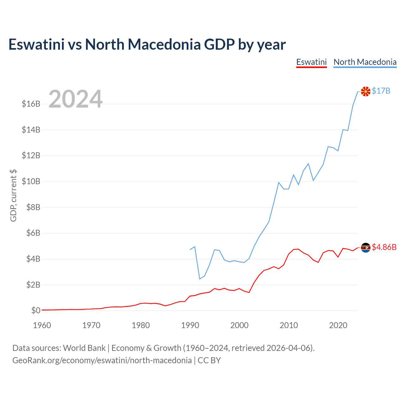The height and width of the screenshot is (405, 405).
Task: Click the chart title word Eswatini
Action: point(36,44)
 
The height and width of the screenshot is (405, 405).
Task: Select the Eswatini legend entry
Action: point(311,62)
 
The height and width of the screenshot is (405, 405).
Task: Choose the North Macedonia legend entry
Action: point(365,62)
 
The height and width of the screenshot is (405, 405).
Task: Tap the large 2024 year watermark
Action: point(75,99)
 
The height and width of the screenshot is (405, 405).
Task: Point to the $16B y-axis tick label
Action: point(31,104)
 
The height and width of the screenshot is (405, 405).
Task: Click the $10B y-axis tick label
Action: point(31,181)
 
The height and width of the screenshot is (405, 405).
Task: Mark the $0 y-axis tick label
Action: point(36,310)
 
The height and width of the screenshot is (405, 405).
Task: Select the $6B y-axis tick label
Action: point(31,233)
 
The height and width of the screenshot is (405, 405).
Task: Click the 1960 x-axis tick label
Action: point(42,325)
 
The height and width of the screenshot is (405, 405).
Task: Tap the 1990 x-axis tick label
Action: point(190,325)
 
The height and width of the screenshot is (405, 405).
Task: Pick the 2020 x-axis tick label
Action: point(338,325)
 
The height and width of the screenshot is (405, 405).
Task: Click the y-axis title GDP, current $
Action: point(13,195)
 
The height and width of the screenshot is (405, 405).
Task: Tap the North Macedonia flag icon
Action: point(365,91)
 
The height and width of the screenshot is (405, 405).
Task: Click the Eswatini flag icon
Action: point(365,247)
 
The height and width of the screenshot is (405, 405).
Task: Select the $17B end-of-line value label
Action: point(381,91)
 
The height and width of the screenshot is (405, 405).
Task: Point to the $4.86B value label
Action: point(384,247)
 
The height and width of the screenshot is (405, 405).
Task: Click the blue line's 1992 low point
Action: point(200,279)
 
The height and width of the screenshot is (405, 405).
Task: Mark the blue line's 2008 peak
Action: point(279,182)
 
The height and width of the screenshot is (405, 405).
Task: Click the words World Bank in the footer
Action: point(84,348)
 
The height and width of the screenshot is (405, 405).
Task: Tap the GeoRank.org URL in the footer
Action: point(102,360)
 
